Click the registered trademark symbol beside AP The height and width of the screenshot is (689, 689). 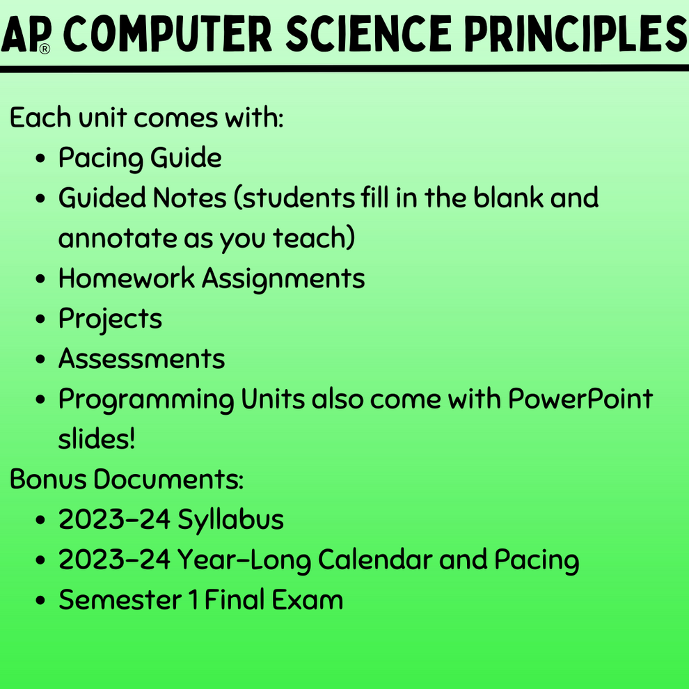tap(45, 49)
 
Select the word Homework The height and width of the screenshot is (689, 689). tap(127, 279)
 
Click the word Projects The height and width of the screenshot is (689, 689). tap(110, 319)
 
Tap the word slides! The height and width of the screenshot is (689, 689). tap(97, 440)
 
